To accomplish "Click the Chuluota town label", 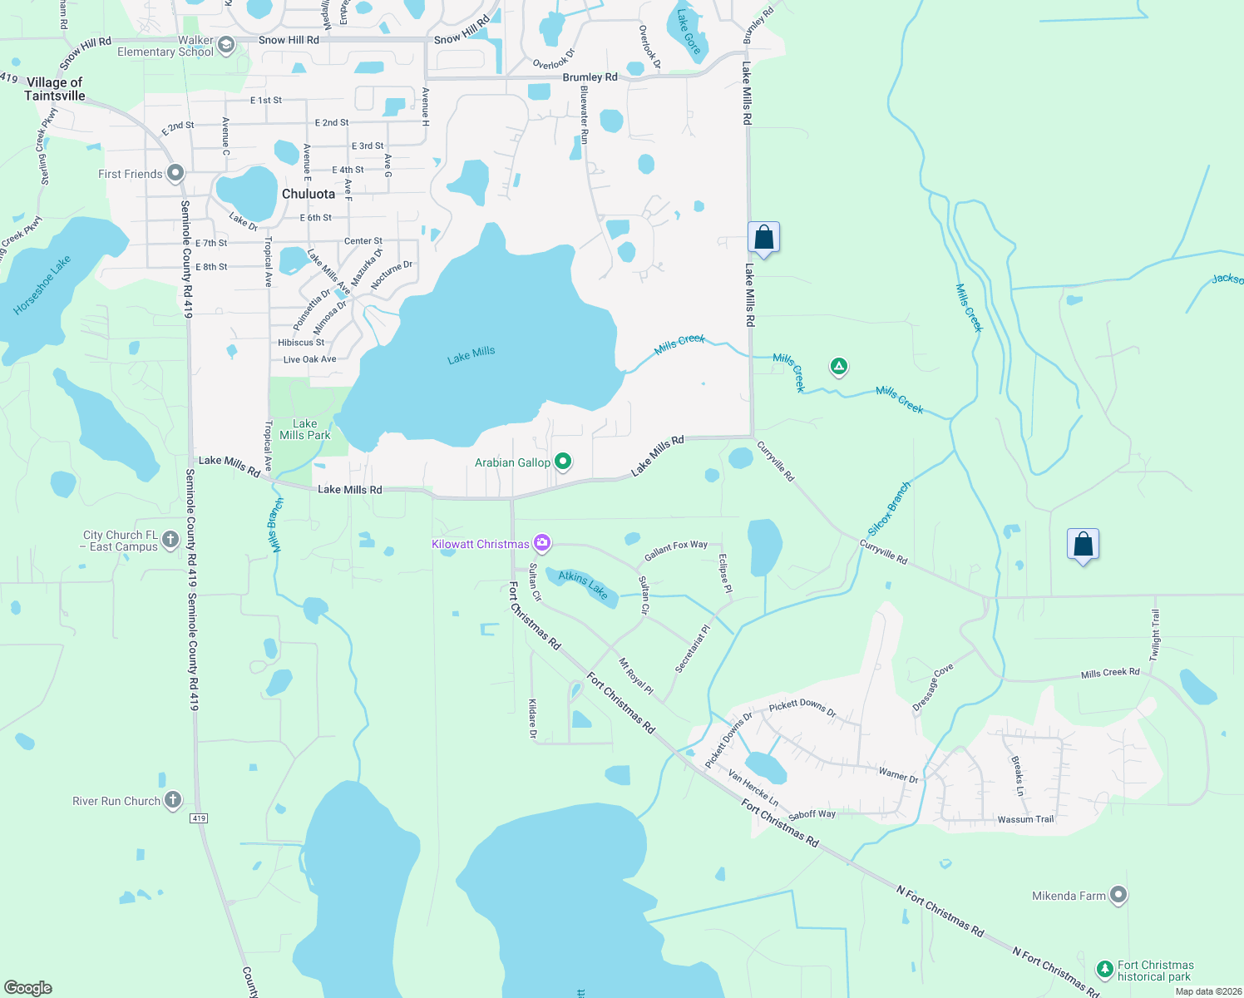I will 309,194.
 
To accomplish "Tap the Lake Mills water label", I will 471,355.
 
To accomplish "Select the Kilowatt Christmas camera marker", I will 542,543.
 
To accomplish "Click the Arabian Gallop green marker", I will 563,461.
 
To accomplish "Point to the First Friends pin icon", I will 175,173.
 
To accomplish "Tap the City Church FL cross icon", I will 170,539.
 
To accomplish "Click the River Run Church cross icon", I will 173,800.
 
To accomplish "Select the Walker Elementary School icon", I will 225,45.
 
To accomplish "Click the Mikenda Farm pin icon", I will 1118,895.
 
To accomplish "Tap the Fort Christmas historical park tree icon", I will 1104,969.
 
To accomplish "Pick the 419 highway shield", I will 199,818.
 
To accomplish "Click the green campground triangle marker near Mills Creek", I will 839,366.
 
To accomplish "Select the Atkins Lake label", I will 583,585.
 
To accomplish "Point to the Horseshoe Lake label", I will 42,284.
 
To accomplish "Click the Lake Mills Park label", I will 305,429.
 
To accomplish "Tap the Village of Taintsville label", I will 55,89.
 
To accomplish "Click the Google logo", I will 28,987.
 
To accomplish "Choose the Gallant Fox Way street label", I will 676,550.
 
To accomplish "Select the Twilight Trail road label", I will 1154,635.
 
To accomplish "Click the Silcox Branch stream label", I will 889,508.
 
